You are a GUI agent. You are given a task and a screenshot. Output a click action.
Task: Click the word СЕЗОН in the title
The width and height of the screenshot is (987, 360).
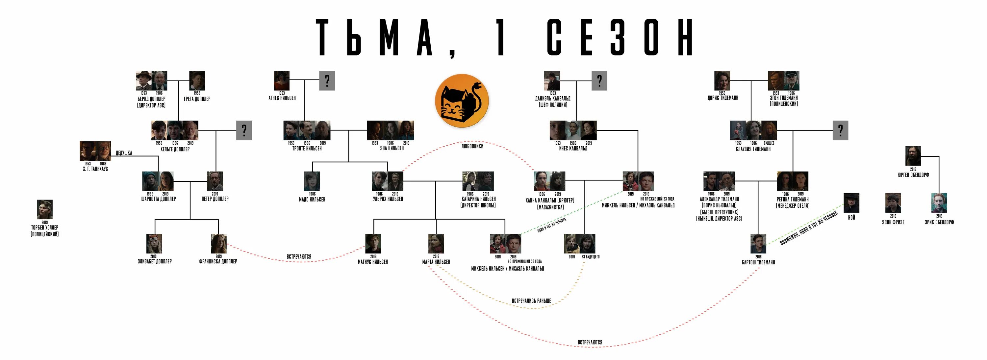click(620, 37)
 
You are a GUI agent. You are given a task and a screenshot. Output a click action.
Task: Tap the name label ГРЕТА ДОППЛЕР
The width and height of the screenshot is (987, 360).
click(197, 99)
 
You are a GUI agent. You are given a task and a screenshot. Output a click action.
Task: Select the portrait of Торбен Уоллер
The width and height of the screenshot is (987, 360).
click(45, 209)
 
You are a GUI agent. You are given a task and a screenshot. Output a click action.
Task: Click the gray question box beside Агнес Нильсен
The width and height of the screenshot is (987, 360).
click(327, 81)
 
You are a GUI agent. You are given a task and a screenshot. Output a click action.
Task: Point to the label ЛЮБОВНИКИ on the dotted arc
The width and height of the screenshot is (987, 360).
click(472, 146)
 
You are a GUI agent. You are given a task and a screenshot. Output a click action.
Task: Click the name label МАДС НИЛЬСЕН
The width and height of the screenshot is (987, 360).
click(312, 200)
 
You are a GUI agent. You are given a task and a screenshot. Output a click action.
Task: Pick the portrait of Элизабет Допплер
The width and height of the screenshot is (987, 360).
click(154, 244)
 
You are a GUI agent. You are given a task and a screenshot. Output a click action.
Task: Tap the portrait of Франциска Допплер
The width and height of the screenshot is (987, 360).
click(218, 244)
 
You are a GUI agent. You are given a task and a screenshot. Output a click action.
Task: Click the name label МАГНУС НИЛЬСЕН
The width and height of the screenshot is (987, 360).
click(373, 262)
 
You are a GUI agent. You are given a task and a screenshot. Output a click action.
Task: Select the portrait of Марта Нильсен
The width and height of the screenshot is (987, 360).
click(436, 244)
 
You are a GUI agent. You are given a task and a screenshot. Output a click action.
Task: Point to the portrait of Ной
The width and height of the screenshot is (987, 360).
click(851, 203)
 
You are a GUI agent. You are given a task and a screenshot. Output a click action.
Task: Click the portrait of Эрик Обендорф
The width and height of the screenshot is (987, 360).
click(939, 203)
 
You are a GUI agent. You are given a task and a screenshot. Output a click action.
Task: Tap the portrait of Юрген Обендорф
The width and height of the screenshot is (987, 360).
click(913, 156)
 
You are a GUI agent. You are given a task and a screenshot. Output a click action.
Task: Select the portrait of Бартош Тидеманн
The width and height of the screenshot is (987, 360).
click(758, 244)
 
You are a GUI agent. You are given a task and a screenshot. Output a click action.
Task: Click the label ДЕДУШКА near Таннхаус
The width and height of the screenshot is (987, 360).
click(124, 153)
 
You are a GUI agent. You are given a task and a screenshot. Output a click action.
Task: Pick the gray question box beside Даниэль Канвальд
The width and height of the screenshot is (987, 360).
click(599, 81)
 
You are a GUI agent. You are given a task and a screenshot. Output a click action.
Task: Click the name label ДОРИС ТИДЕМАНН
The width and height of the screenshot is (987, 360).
click(722, 98)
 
